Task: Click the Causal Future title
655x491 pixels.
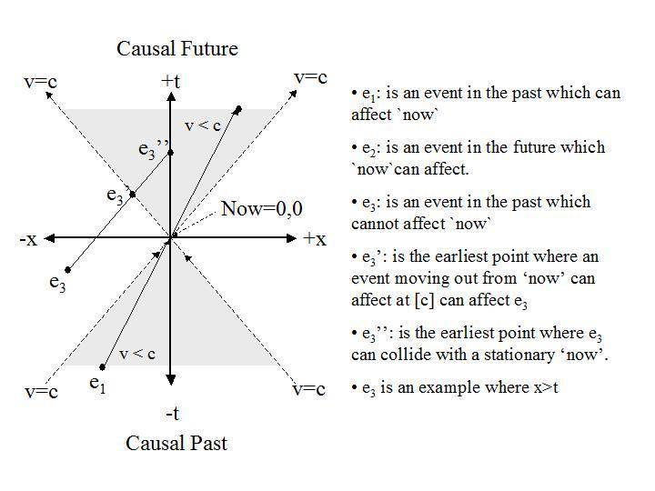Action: pos(177,48)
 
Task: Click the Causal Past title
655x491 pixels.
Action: pos(176,443)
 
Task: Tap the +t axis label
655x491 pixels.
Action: pos(170,81)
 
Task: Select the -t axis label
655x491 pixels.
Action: pos(172,414)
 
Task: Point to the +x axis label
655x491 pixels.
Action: pos(315,238)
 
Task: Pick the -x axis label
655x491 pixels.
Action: pos(28,239)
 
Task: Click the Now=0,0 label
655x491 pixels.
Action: pos(261,208)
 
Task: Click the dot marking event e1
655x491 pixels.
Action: pos(102,367)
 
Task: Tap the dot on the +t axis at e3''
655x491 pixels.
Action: pos(170,153)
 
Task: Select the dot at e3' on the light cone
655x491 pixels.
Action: pos(133,195)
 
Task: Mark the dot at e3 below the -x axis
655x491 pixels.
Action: pos(67,270)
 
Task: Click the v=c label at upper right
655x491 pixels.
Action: pos(310,77)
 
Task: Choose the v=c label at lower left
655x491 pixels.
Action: pos(41,392)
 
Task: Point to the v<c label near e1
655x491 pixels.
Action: pos(137,354)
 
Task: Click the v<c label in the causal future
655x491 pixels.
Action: pos(203,125)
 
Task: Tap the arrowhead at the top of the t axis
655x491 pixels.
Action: pos(170,96)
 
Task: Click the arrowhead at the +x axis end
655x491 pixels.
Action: pos(292,238)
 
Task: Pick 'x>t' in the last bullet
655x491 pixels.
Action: pos(546,387)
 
